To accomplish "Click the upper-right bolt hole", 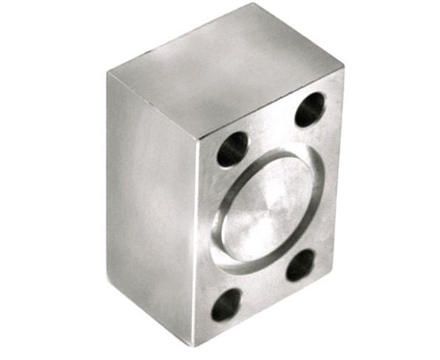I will click(x=310, y=111).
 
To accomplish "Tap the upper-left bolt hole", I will click(x=232, y=149).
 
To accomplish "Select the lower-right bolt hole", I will click(x=301, y=265).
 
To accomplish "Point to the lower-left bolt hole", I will click(x=226, y=304).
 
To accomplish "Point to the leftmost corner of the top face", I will click(x=107, y=72).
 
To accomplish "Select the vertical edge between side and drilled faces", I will click(x=199, y=244).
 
